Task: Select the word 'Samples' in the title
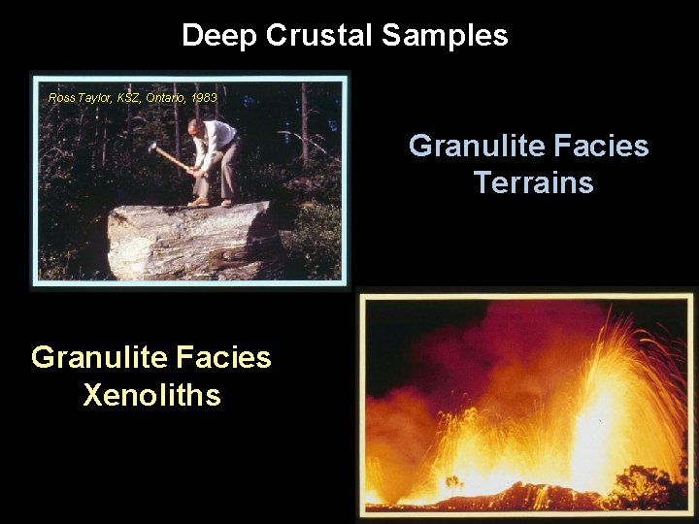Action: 444,36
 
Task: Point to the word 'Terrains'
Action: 533,182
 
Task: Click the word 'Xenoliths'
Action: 151,395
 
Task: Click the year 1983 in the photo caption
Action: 205,98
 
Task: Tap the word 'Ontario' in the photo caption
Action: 166,98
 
